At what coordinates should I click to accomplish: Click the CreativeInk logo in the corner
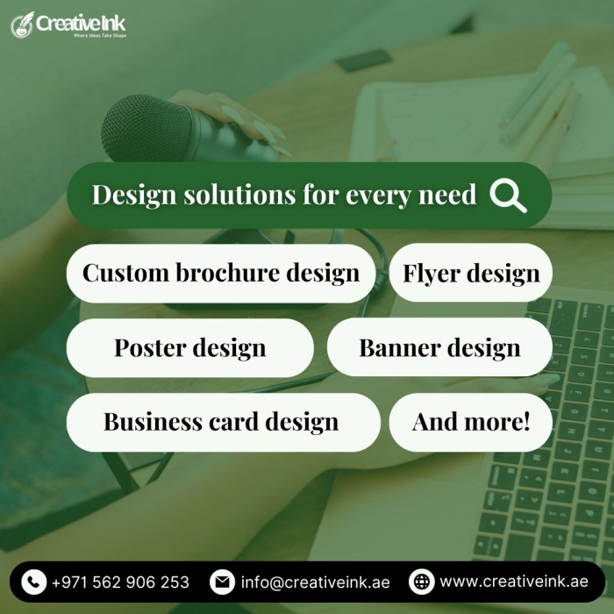coord(68,25)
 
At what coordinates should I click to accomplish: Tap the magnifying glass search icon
coord(508,196)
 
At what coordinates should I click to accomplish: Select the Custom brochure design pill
coord(221,273)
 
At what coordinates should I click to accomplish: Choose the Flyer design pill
coord(471,273)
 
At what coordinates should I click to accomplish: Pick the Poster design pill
coord(190,347)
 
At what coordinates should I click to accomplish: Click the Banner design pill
coord(439,347)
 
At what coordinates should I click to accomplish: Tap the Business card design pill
coord(223,422)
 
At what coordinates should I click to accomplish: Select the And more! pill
coord(471,422)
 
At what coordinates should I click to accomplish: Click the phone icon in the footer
coord(34,582)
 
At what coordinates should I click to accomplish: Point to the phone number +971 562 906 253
coord(121,582)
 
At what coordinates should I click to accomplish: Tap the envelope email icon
coord(222,582)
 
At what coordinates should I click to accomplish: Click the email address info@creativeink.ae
coord(315,582)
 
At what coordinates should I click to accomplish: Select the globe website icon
coord(421,582)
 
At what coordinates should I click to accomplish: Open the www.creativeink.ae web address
coord(514,582)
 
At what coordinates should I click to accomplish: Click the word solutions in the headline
coord(239,194)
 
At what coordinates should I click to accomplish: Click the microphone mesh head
coord(146,128)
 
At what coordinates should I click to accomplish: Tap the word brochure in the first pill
coord(227,272)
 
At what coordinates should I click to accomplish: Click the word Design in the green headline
coord(134,196)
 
